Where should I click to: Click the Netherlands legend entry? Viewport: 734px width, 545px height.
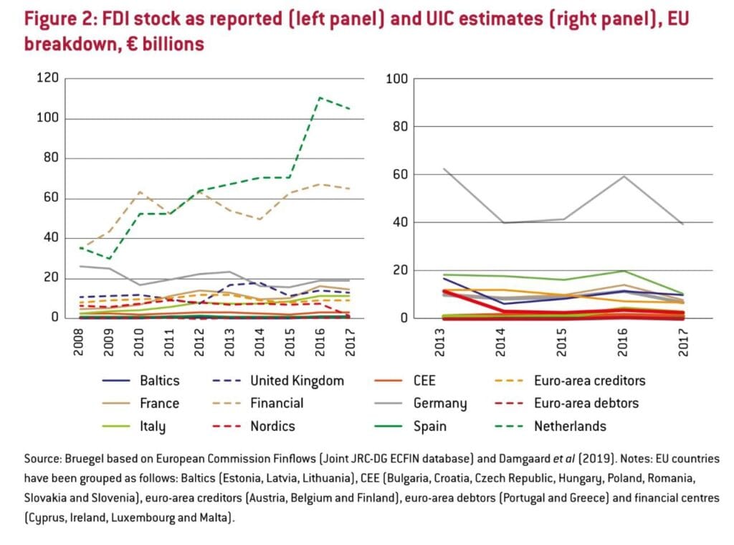coord(570,427)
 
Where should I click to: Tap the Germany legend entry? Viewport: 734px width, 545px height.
coord(440,404)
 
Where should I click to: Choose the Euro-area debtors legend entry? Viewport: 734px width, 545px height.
coord(586,404)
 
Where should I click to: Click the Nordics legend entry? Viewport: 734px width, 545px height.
coord(272,427)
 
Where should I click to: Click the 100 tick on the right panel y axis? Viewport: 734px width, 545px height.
coord(396,78)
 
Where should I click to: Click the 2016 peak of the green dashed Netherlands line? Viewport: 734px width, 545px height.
coord(320,98)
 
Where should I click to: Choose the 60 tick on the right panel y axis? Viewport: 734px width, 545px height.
coord(399,174)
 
